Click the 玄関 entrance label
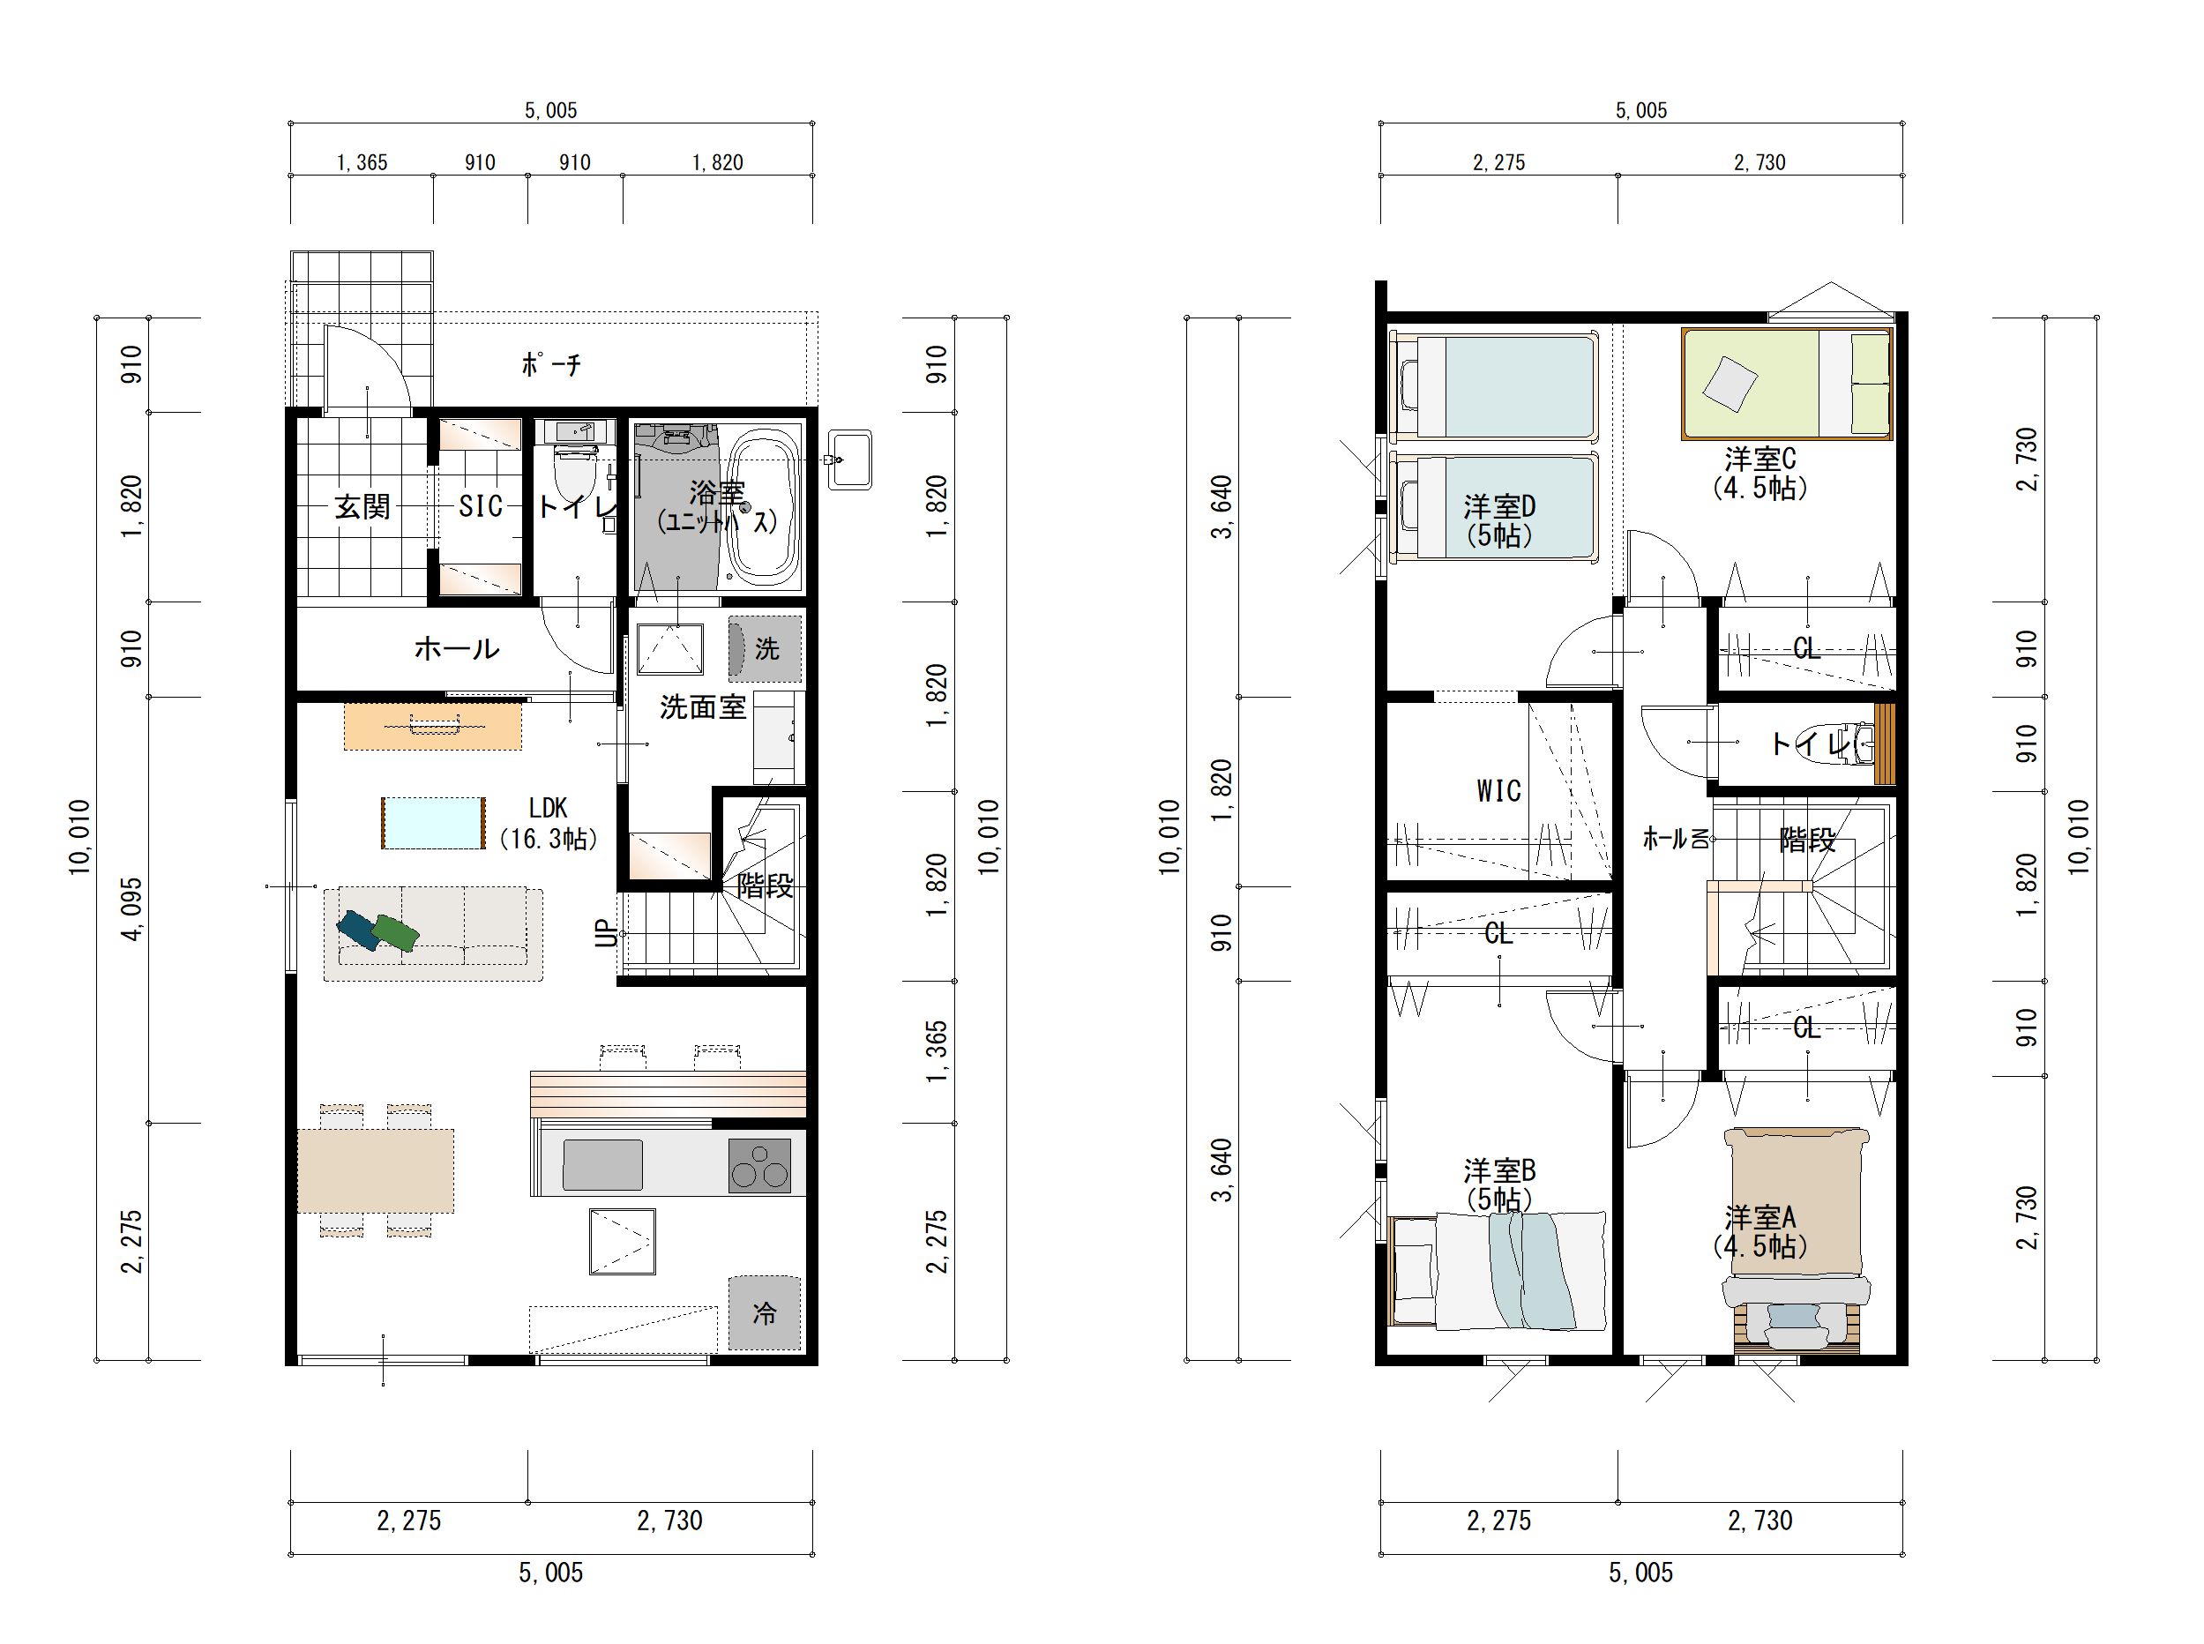[x=362, y=506]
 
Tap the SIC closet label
[x=480, y=506]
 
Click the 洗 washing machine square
[x=764, y=649]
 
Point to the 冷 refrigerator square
[x=764, y=1312]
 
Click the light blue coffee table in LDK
[x=434, y=823]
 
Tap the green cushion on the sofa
[x=395, y=932]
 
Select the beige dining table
[x=376, y=1170]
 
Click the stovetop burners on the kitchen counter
[x=760, y=1166]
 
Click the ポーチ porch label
[x=551, y=365]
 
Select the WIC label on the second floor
[x=1498, y=791]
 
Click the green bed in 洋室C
[x=1787, y=383]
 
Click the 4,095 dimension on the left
[x=132, y=908]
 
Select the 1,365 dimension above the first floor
[x=362, y=162]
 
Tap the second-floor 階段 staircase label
[x=1807, y=840]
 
